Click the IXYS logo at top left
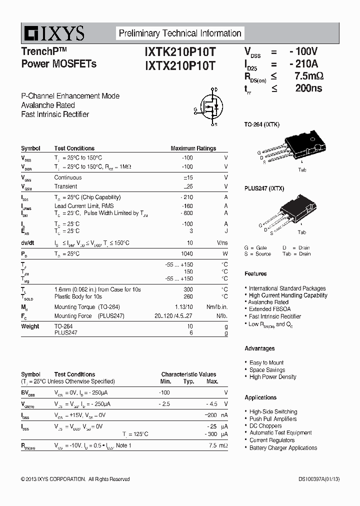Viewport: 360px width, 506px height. (x=53, y=33)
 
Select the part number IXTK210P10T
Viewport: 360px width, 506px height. (x=180, y=51)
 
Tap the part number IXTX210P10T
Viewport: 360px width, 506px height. (x=180, y=65)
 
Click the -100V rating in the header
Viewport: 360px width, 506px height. (x=302, y=51)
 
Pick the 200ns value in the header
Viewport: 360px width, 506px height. (x=308, y=88)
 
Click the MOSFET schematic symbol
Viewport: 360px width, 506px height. (x=209, y=106)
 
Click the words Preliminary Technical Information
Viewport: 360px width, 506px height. (x=180, y=33)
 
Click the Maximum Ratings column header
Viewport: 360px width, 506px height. (x=193, y=148)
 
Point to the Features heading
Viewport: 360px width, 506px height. (x=255, y=274)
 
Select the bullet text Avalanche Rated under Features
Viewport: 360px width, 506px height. (x=268, y=302)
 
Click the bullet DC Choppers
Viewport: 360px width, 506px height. (x=265, y=426)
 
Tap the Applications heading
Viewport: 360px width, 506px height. (x=260, y=397)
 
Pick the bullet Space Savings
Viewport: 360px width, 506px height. (x=267, y=370)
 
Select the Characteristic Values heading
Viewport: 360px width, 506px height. (x=188, y=374)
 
